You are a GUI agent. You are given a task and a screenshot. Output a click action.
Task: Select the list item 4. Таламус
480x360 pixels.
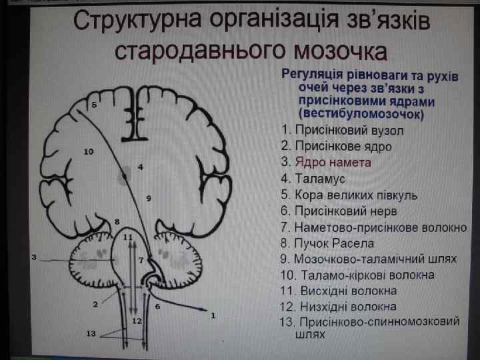click(315, 179)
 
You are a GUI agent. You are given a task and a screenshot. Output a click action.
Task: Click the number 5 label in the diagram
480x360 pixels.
click(95, 105)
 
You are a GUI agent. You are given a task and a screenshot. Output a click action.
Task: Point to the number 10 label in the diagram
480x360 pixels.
click(89, 152)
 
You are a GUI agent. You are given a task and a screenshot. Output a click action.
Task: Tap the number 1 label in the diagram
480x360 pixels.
click(213, 315)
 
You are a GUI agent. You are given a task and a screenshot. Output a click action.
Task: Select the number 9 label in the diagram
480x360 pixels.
click(148, 198)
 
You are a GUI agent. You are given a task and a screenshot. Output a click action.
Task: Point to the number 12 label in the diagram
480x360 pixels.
click(137, 321)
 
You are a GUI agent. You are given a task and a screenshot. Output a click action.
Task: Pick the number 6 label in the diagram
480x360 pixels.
click(157, 306)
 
